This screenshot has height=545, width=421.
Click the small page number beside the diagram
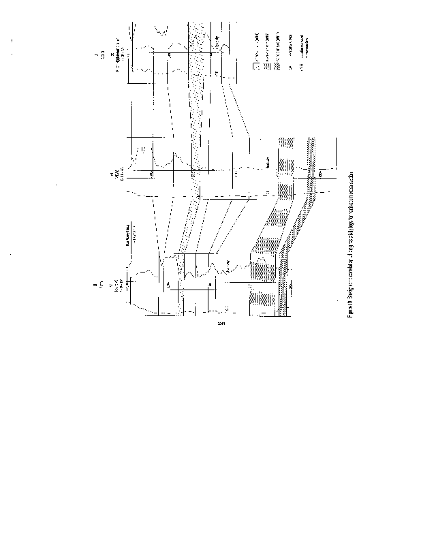pyautogui.click(x=220, y=323)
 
